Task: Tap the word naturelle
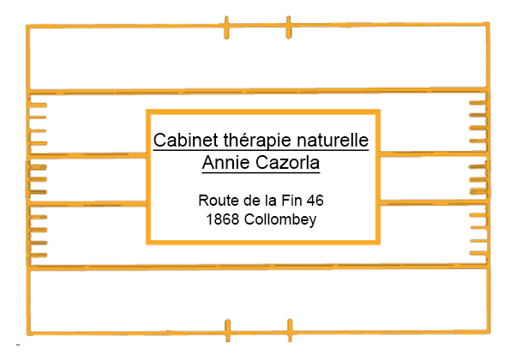(x=333, y=141)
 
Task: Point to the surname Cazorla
(x=287, y=162)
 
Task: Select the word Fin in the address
(x=291, y=201)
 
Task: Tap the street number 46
(x=315, y=201)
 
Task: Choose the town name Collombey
(x=280, y=219)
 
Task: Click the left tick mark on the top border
(x=226, y=27)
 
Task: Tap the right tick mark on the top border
(x=289, y=27)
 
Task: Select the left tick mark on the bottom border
(x=228, y=330)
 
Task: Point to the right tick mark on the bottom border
(x=290, y=330)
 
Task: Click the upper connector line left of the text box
(x=87, y=154)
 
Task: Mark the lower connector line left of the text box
(x=87, y=204)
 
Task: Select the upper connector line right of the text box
(x=433, y=153)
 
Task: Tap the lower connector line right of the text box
(x=433, y=202)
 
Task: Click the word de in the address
(x=250, y=201)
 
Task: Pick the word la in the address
(x=269, y=201)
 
